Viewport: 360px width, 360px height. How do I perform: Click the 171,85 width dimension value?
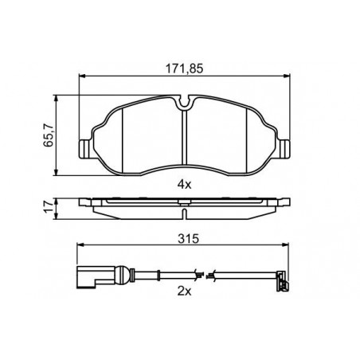tap(185, 68)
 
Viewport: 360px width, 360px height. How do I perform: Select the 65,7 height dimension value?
tap(49, 135)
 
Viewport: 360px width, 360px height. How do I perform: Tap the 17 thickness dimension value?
tap(49, 207)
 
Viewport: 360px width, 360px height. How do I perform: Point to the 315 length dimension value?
tap(188, 239)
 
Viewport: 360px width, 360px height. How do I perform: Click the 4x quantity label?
tap(184, 184)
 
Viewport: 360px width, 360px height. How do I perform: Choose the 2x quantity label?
tap(184, 292)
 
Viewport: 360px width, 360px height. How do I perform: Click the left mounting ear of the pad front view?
tap(86, 149)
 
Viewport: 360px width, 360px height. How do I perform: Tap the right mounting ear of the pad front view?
tap(284, 149)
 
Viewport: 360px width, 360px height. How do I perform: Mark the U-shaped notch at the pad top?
tap(185, 103)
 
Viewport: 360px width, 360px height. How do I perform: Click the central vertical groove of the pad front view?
tap(185, 138)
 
